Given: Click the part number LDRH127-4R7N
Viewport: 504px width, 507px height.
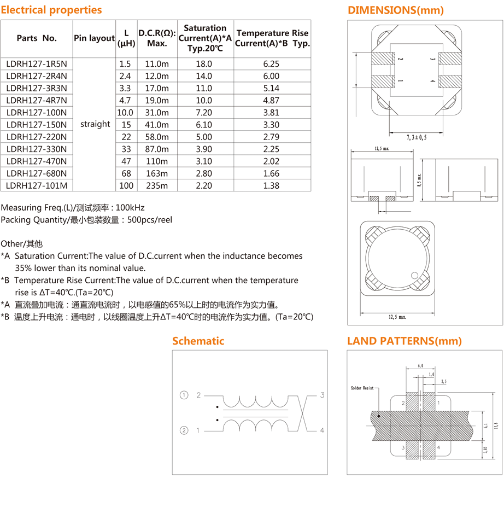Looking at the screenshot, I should point(36,100).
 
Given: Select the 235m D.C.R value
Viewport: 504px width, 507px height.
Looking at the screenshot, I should point(157,185).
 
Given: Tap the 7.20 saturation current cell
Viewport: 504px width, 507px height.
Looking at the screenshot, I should point(204,112).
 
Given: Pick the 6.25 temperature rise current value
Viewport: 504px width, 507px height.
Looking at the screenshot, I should point(271,63).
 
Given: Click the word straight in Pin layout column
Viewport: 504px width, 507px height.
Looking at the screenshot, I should point(95,124).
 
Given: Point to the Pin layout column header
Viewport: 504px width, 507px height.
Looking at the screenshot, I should point(94,38).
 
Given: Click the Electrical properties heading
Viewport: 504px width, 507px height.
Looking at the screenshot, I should point(51,10).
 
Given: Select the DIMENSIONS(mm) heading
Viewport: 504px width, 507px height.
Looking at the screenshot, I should point(396,10).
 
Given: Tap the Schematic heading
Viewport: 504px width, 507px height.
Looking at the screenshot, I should point(198,341).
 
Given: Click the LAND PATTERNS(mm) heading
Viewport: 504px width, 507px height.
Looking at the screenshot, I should point(405,341).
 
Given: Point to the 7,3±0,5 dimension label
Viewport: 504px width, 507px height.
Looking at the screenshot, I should point(416,137).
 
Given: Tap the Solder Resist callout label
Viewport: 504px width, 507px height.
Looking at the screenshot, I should point(362,388).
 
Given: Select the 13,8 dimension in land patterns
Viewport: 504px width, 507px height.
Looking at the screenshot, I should point(496,425).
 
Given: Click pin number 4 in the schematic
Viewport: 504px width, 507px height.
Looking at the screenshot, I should point(323,430).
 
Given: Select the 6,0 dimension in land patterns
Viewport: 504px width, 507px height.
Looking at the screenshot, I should point(420,365).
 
